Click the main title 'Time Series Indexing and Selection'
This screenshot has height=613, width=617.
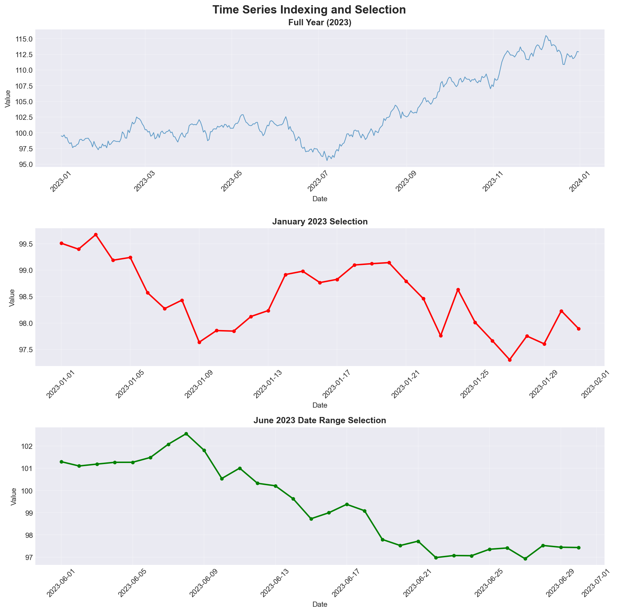pyautogui.click(x=309, y=10)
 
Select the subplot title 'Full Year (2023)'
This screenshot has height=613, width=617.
pyautogui.click(x=320, y=23)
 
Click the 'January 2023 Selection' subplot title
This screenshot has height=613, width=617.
pyautogui.click(x=320, y=222)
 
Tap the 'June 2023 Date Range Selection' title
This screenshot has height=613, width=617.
pyautogui.click(x=320, y=420)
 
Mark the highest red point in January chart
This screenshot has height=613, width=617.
pyautogui.click(x=96, y=235)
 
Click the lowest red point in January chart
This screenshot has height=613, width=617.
pyautogui.click(x=510, y=360)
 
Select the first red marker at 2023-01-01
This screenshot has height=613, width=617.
pyautogui.click(x=61, y=243)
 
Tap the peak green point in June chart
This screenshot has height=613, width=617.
pyautogui.click(x=186, y=434)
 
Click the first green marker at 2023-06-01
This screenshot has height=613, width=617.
pyautogui.click(x=61, y=462)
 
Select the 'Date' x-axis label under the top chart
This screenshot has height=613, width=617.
pyautogui.click(x=320, y=199)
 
